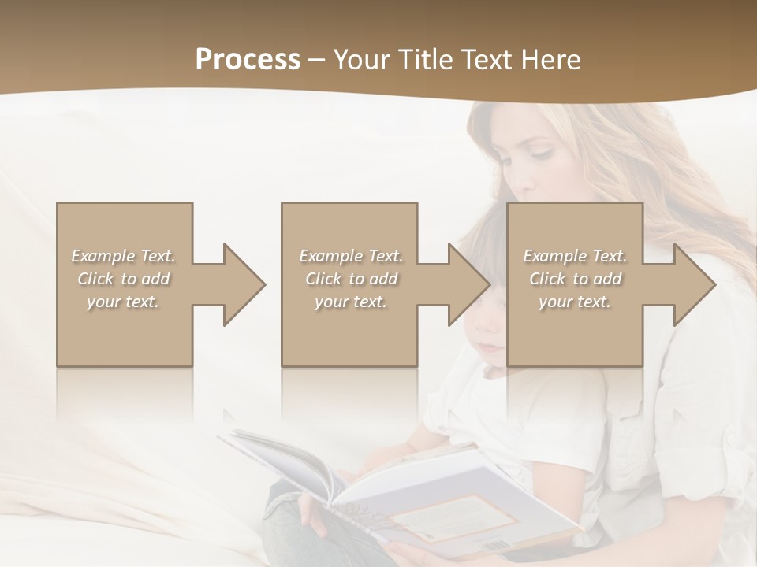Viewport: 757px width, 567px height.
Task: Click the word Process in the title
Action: pyautogui.click(x=248, y=59)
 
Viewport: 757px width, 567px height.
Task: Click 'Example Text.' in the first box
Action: pyautogui.click(x=124, y=256)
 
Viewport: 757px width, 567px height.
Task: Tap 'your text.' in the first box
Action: pyautogui.click(x=124, y=302)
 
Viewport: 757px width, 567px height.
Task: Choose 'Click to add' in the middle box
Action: pyautogui.click(x=351, y=279)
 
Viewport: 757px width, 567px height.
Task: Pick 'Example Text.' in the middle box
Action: pyautogui.click(x=351, y=256)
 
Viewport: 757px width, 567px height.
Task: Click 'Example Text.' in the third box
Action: pyautogui.click(x=575, y=256)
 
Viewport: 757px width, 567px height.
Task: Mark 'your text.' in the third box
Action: pyautogui.click(x=575, y=302)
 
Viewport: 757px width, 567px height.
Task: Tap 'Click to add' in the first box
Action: pyautogui.click(x=124, y=279)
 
